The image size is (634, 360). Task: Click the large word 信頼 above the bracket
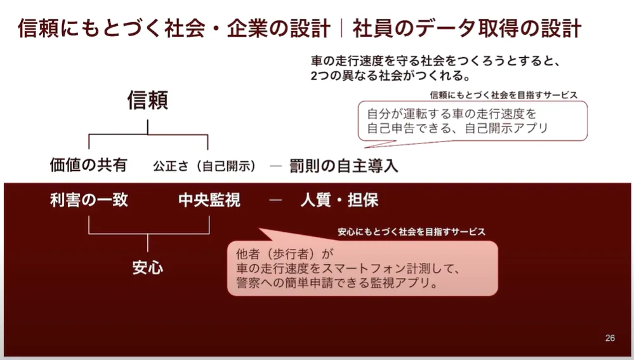point(148,101)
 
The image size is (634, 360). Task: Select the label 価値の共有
point(88,166)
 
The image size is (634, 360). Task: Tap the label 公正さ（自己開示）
point(205,166)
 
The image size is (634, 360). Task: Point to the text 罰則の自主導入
point(344,166)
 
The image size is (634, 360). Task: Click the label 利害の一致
point(89,201)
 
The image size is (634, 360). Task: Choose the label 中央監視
point(209,201)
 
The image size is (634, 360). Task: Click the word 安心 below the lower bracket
point(148,267)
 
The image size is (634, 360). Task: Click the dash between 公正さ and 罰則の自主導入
point(275,166)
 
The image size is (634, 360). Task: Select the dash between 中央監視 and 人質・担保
point(275,201)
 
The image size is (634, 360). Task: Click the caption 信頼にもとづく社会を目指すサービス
point(503,95)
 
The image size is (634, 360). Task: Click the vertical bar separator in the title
point(341,29)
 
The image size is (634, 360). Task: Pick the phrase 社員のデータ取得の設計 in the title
point(467,29)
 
